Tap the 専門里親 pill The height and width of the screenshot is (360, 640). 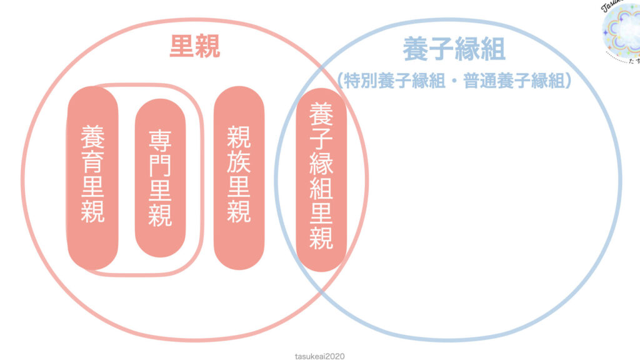(160, 178)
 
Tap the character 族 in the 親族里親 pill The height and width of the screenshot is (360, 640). (238, 162)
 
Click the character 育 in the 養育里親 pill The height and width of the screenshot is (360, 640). (92, 161)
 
